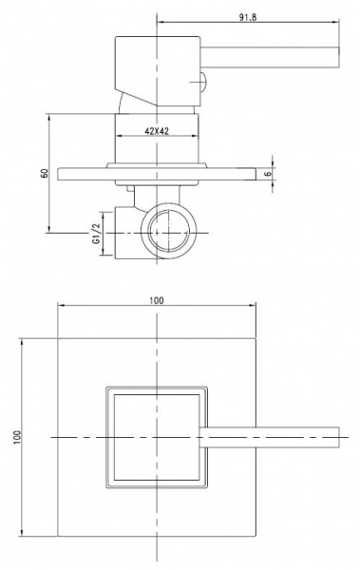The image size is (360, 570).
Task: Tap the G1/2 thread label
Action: tap(96, 233)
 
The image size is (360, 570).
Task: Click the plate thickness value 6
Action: tap(270, 174)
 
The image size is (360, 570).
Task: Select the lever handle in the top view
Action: tap(275, 435)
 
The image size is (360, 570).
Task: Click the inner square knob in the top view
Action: tap(156, 435)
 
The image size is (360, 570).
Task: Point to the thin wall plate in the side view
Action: tap(157, 174)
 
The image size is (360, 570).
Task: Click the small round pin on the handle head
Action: tap(203, 81)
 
